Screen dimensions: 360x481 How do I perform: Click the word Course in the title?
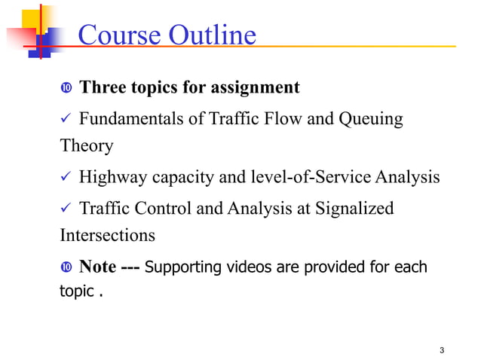(x=116, y=35)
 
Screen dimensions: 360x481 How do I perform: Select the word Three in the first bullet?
(x=103, y=88)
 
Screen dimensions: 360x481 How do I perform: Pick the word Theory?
(x=87, y=145)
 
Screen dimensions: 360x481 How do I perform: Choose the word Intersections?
(x=107, y=235)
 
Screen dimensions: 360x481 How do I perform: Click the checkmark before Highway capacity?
(x=65, y=178)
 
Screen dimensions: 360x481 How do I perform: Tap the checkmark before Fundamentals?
(x=65, y=119)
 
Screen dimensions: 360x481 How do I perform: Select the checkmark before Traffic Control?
(x=65, y=209)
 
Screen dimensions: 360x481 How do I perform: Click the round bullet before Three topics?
(x=66, y=89)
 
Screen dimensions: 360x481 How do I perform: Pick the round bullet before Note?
(x=66, y=267)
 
